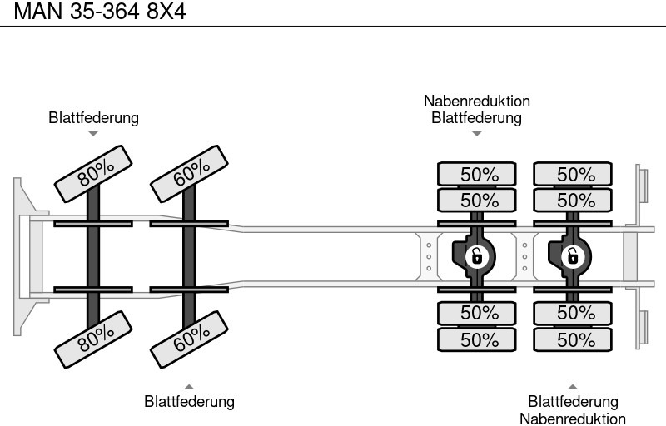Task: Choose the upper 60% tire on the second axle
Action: tap(191, 172)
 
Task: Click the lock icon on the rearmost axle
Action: tap(572, 256)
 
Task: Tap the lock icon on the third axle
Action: tap(476, 256)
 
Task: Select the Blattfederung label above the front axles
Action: tap(93, 118)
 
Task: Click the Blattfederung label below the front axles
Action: tap(189, 402)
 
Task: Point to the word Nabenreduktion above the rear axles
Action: tap(476, 102)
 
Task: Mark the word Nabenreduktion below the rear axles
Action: tap(573, 419)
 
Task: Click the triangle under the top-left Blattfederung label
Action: tap(93, 134)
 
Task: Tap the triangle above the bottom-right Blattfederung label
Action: tap(573, 386)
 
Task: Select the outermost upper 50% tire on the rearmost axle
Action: tap(572, 175)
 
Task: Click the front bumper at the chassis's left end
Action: tap(22, 256)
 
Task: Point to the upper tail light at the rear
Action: tap(643, 184)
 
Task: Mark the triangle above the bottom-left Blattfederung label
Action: tap(189, 386)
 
